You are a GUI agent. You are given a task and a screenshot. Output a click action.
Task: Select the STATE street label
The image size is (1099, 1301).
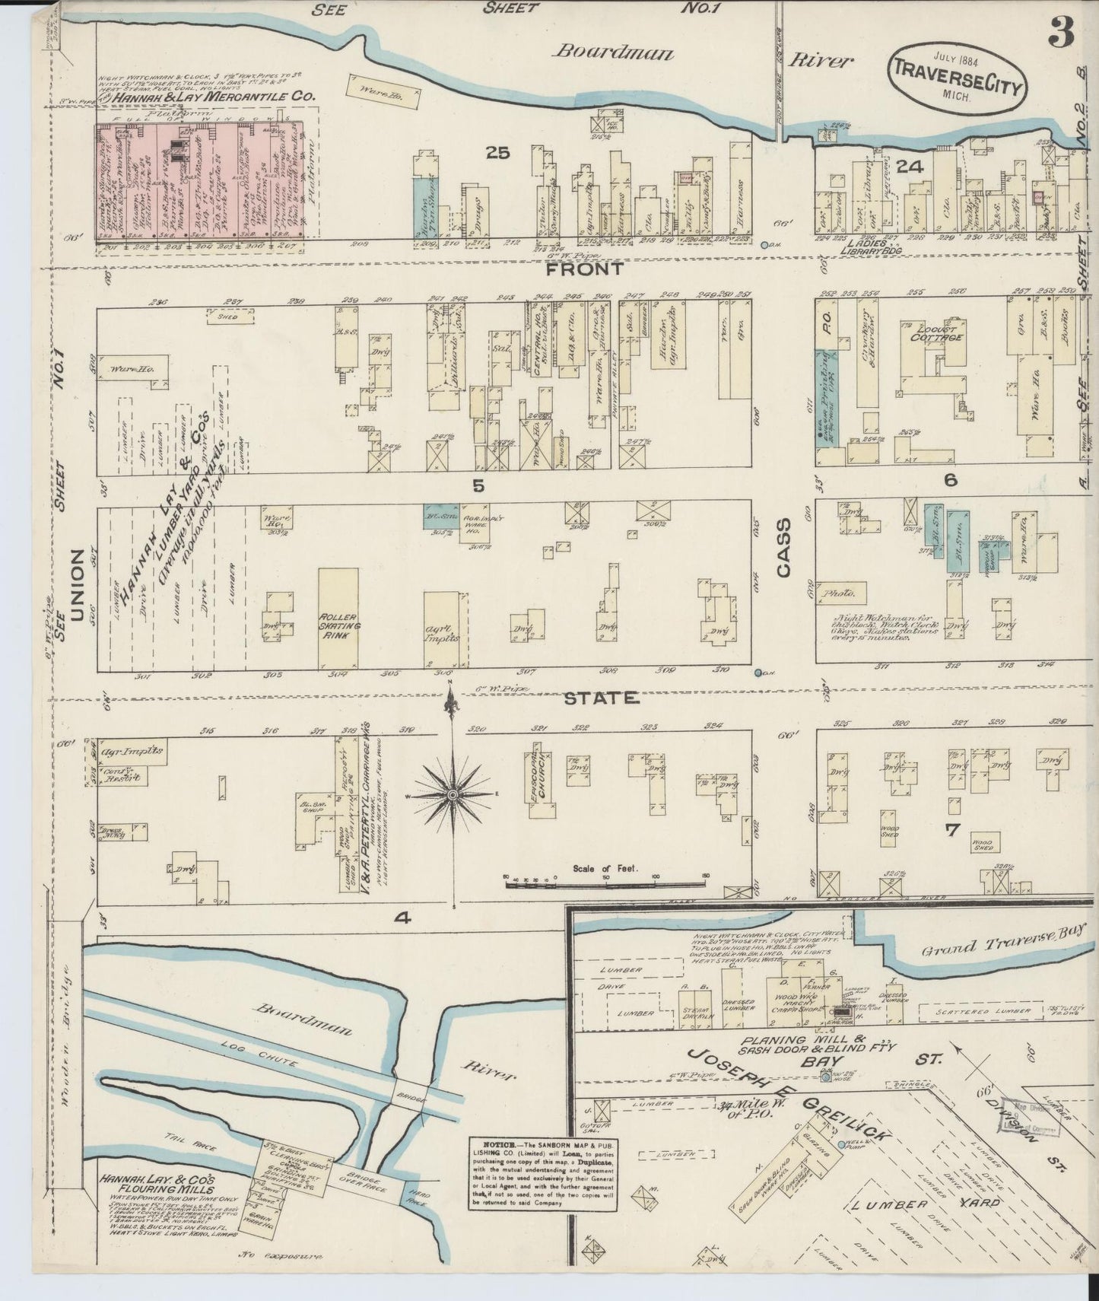tap(601, 698)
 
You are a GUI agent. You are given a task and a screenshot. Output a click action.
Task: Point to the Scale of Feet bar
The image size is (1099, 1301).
tap(606, 883)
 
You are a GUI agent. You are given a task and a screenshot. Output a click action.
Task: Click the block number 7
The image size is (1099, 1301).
tap(951, 829)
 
